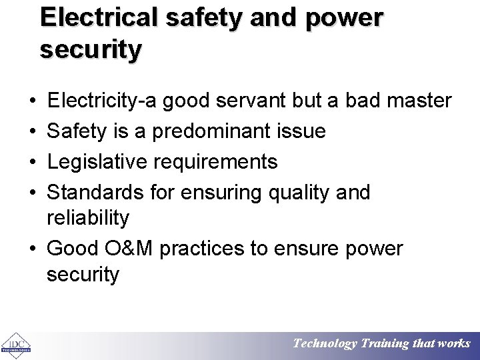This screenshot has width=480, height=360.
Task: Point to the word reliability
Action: [88, 217]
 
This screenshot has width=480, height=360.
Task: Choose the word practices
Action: [216, 249]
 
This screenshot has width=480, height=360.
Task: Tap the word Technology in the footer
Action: [325, 344]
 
